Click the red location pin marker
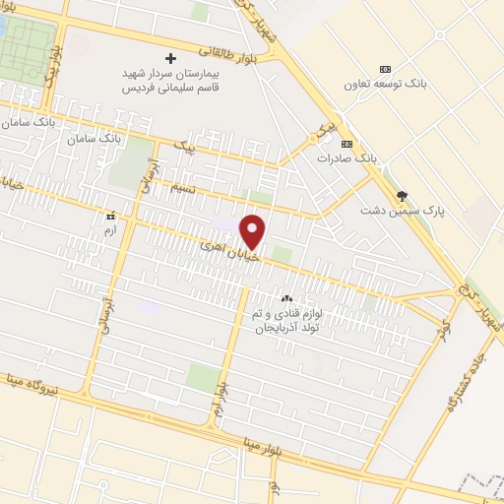(x=254, y=231)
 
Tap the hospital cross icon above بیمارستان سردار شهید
(x=171, y=59)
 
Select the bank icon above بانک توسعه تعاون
(x=385, y=69)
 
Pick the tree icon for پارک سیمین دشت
(x=401, y=195)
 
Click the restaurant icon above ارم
(x=110, y=214)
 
